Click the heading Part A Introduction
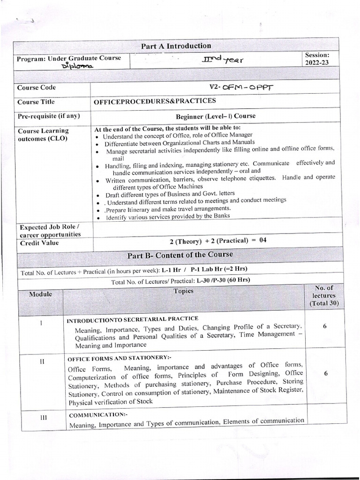pos(176,46)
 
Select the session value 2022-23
pos(320,62)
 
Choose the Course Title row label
pos(36,102)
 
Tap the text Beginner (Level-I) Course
pos(215,116)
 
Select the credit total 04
pos(262,240)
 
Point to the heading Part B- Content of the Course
pos(180,255)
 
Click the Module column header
pos(40,294)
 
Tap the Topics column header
pos(183,291)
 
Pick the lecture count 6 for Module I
pos(324,326)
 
